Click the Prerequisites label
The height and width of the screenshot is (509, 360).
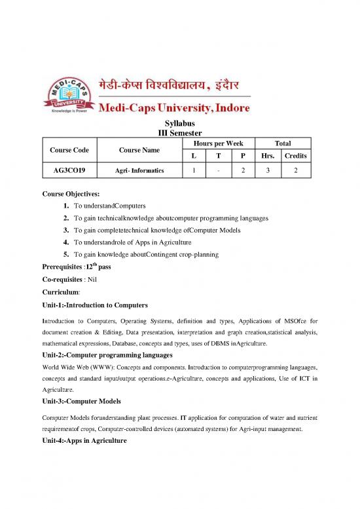pos(65,266)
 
